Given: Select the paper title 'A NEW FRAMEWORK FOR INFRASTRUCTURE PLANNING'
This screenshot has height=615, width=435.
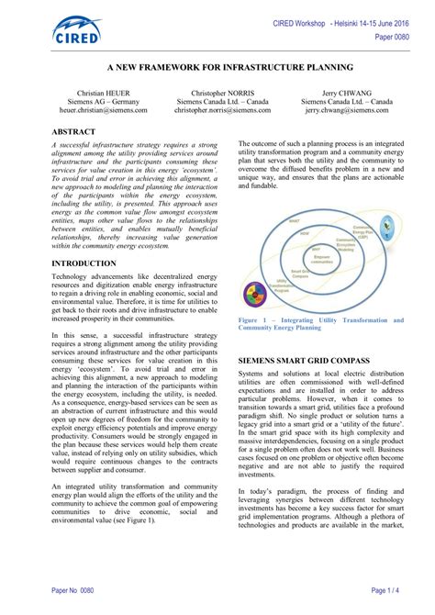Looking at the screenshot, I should (217, 68).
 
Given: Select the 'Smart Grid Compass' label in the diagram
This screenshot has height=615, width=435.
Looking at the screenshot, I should (298, 274).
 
